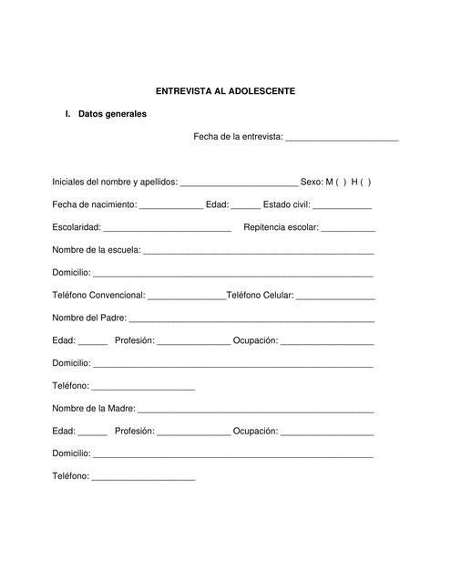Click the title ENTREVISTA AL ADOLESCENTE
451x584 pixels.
(x=225, y=91)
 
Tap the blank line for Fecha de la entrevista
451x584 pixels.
(x=342, y=139)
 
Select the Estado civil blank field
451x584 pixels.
(x=342, y=206)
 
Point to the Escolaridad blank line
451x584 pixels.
(x=167, y=229)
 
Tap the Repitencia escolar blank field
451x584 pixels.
(x=348, y=229)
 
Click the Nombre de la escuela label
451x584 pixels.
(x=96, y=250)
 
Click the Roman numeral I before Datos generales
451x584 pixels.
(x=67, y=114)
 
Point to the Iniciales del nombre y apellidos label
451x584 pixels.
(x=115, y=182)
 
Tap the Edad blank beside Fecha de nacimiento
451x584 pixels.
(x=246, y=206)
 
